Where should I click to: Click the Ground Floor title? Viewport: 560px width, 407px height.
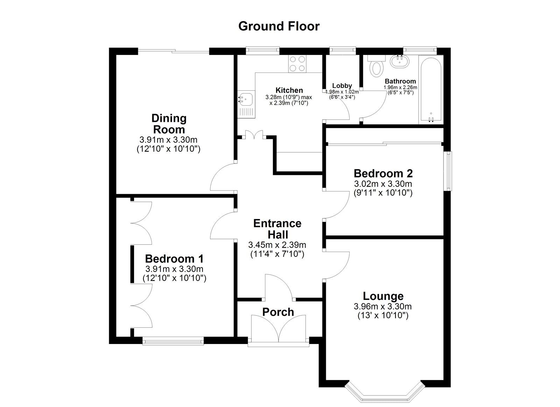click(279, 26)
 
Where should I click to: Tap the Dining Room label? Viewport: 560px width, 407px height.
click(169, 124)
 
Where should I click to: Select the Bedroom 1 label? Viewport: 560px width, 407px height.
click(174, 259)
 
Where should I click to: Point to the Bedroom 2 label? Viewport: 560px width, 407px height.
click(383, 173)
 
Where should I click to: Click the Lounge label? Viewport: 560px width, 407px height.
click(383, 296)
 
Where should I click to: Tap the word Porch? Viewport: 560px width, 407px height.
click(278, 312)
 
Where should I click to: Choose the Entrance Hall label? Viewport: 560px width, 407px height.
click(278, 229)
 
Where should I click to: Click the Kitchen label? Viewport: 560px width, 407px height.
click(289, 90)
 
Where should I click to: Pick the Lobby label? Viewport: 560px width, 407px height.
click(342, 86)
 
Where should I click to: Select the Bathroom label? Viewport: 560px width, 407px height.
click(400, 81)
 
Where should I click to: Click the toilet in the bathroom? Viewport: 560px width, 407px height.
click(377, 66)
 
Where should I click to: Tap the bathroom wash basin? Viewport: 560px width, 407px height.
click(400, 61)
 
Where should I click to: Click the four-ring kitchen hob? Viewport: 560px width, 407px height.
click(297, 64)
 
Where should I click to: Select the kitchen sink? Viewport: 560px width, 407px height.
click(246, 104)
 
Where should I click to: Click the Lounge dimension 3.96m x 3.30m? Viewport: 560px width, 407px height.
click(383, 306)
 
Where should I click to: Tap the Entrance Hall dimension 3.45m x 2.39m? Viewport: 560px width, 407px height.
click(277, 245)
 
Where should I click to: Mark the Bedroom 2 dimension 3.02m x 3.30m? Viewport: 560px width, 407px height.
click(383, 184)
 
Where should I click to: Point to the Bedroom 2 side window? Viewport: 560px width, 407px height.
click(449, 171)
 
